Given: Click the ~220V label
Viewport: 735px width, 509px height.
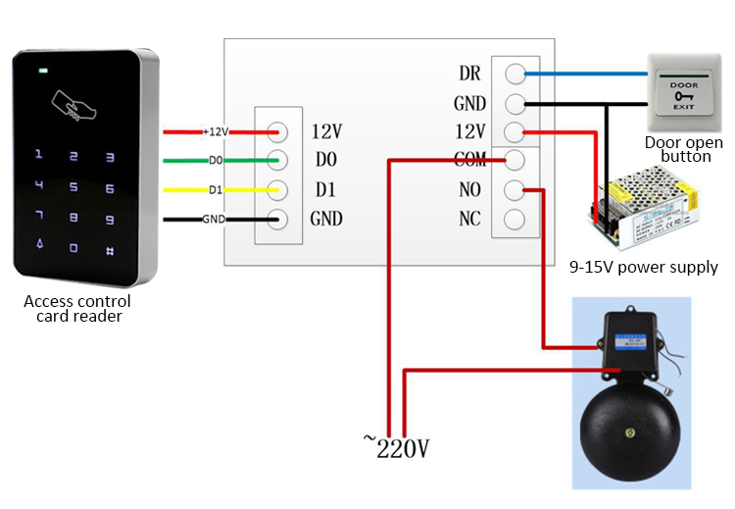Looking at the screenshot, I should click(x=396, y=449).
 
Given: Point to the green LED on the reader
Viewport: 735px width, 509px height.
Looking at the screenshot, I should click(x=42, y=72).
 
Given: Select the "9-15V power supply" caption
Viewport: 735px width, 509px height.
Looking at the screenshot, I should click(x=644, y=267).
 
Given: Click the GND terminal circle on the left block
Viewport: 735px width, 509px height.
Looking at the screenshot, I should click(x=277, y=219).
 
